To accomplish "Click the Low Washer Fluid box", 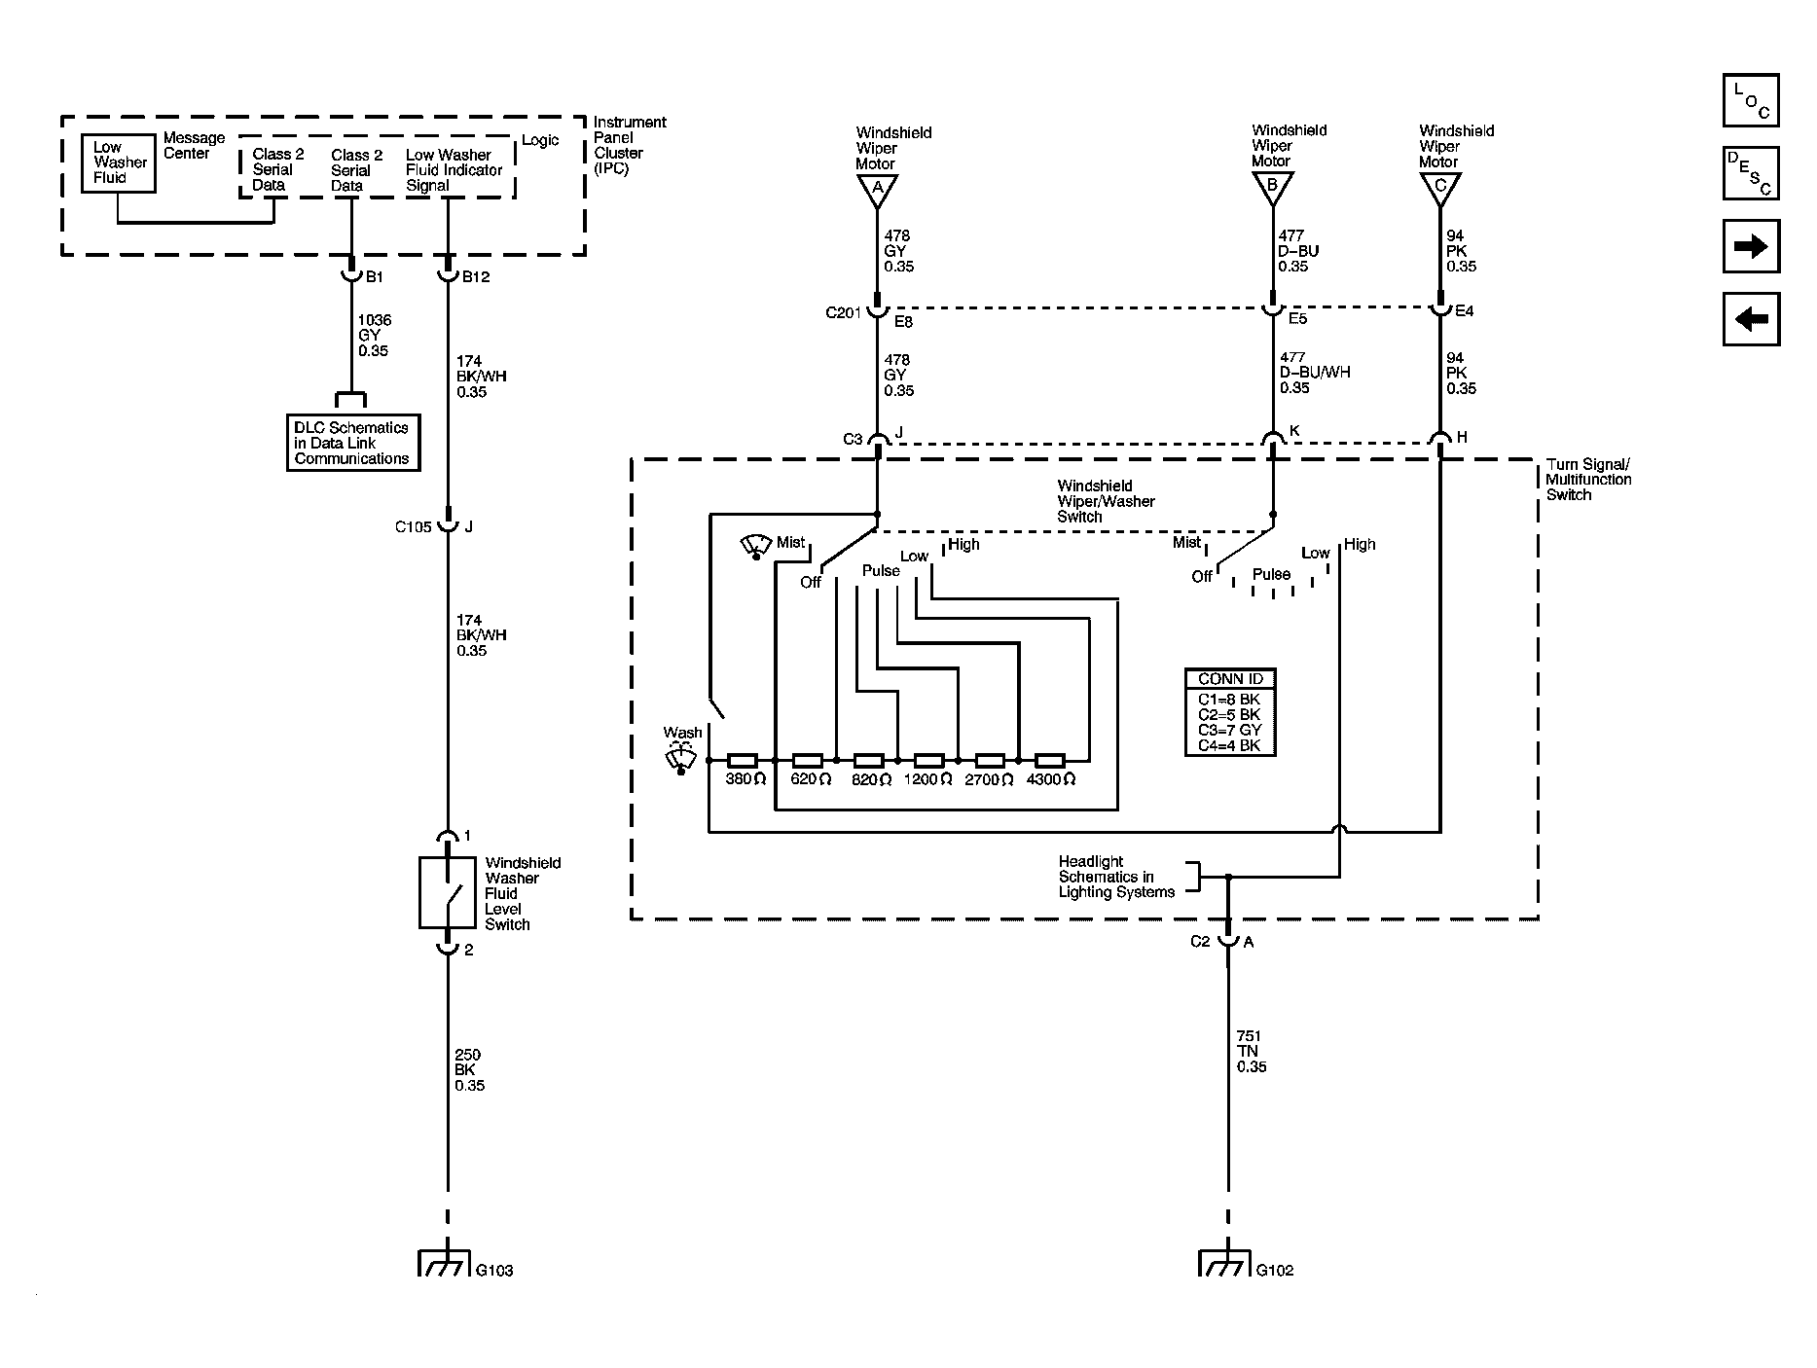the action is coord(118,162).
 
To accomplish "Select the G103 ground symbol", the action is coord(447,1263).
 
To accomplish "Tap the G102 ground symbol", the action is coord(1227,1263).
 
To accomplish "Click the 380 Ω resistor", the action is coord(743,760).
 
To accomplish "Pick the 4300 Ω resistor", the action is coord(1049,760).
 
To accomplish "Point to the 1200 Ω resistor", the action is coord(928,760).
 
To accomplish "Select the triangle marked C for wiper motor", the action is coord(1439,189).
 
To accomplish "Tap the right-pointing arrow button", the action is coord(1751,246).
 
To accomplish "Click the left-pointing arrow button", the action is coord(1751,319).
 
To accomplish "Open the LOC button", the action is coord(1751,101).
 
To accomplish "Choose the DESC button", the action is coord(1751,173).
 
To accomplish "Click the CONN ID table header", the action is coord(1230,679).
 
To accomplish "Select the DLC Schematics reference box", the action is coord(353,444).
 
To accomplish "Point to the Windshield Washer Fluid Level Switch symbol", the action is coord(447,892).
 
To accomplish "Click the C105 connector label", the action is coord(413,527).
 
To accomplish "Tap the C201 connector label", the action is coord(844,312).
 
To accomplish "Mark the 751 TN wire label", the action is coord(1252,1052).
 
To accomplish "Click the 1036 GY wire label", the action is coord(374,335).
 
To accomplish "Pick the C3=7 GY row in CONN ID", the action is coord(1230,730).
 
